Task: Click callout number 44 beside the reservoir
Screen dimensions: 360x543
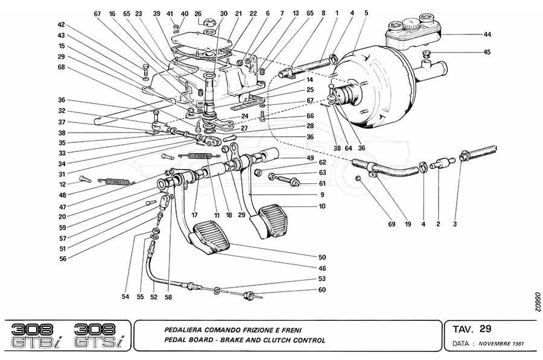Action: click(x=487, y=35)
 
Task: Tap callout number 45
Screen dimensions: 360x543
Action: click(x=487, y=52)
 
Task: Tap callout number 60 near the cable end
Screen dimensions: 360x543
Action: click(x=322, y=290)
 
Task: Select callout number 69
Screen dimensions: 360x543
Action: click(x=391, y=224)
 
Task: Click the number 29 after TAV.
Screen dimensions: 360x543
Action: click(x=485, y=329)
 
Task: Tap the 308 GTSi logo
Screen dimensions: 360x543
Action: click(x=96, y=336)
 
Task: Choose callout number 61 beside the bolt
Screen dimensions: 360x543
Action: click(x=322, y=183)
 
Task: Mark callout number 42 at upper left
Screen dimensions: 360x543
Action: click(x=61, y=25)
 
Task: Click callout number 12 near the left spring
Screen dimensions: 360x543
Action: click(x=62, y=185)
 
